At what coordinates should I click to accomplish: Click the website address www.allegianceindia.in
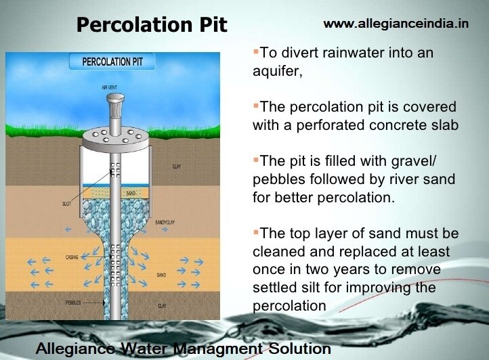(396, 24)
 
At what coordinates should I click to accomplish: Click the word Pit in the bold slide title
(209, 26)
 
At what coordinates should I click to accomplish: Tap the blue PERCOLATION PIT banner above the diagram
(112, 62)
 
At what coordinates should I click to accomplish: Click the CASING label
(74, 257)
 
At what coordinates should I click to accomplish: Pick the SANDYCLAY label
(165, 222)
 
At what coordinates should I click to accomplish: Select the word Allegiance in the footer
(75, 349)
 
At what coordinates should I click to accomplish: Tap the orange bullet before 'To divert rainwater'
(255, 51)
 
